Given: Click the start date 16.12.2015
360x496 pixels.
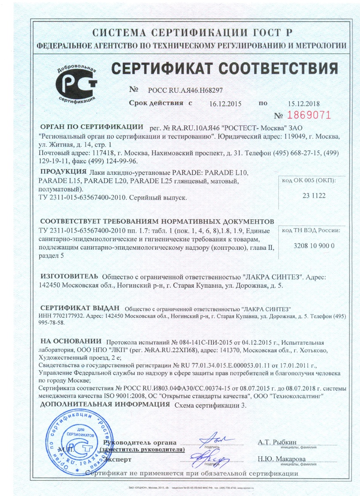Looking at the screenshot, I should coord(225,104).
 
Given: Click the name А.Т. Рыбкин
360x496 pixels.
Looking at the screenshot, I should coord(277,442).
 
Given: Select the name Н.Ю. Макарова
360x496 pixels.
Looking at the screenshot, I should coord(281,458).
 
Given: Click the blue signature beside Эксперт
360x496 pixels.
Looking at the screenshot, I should coord(213,456).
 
